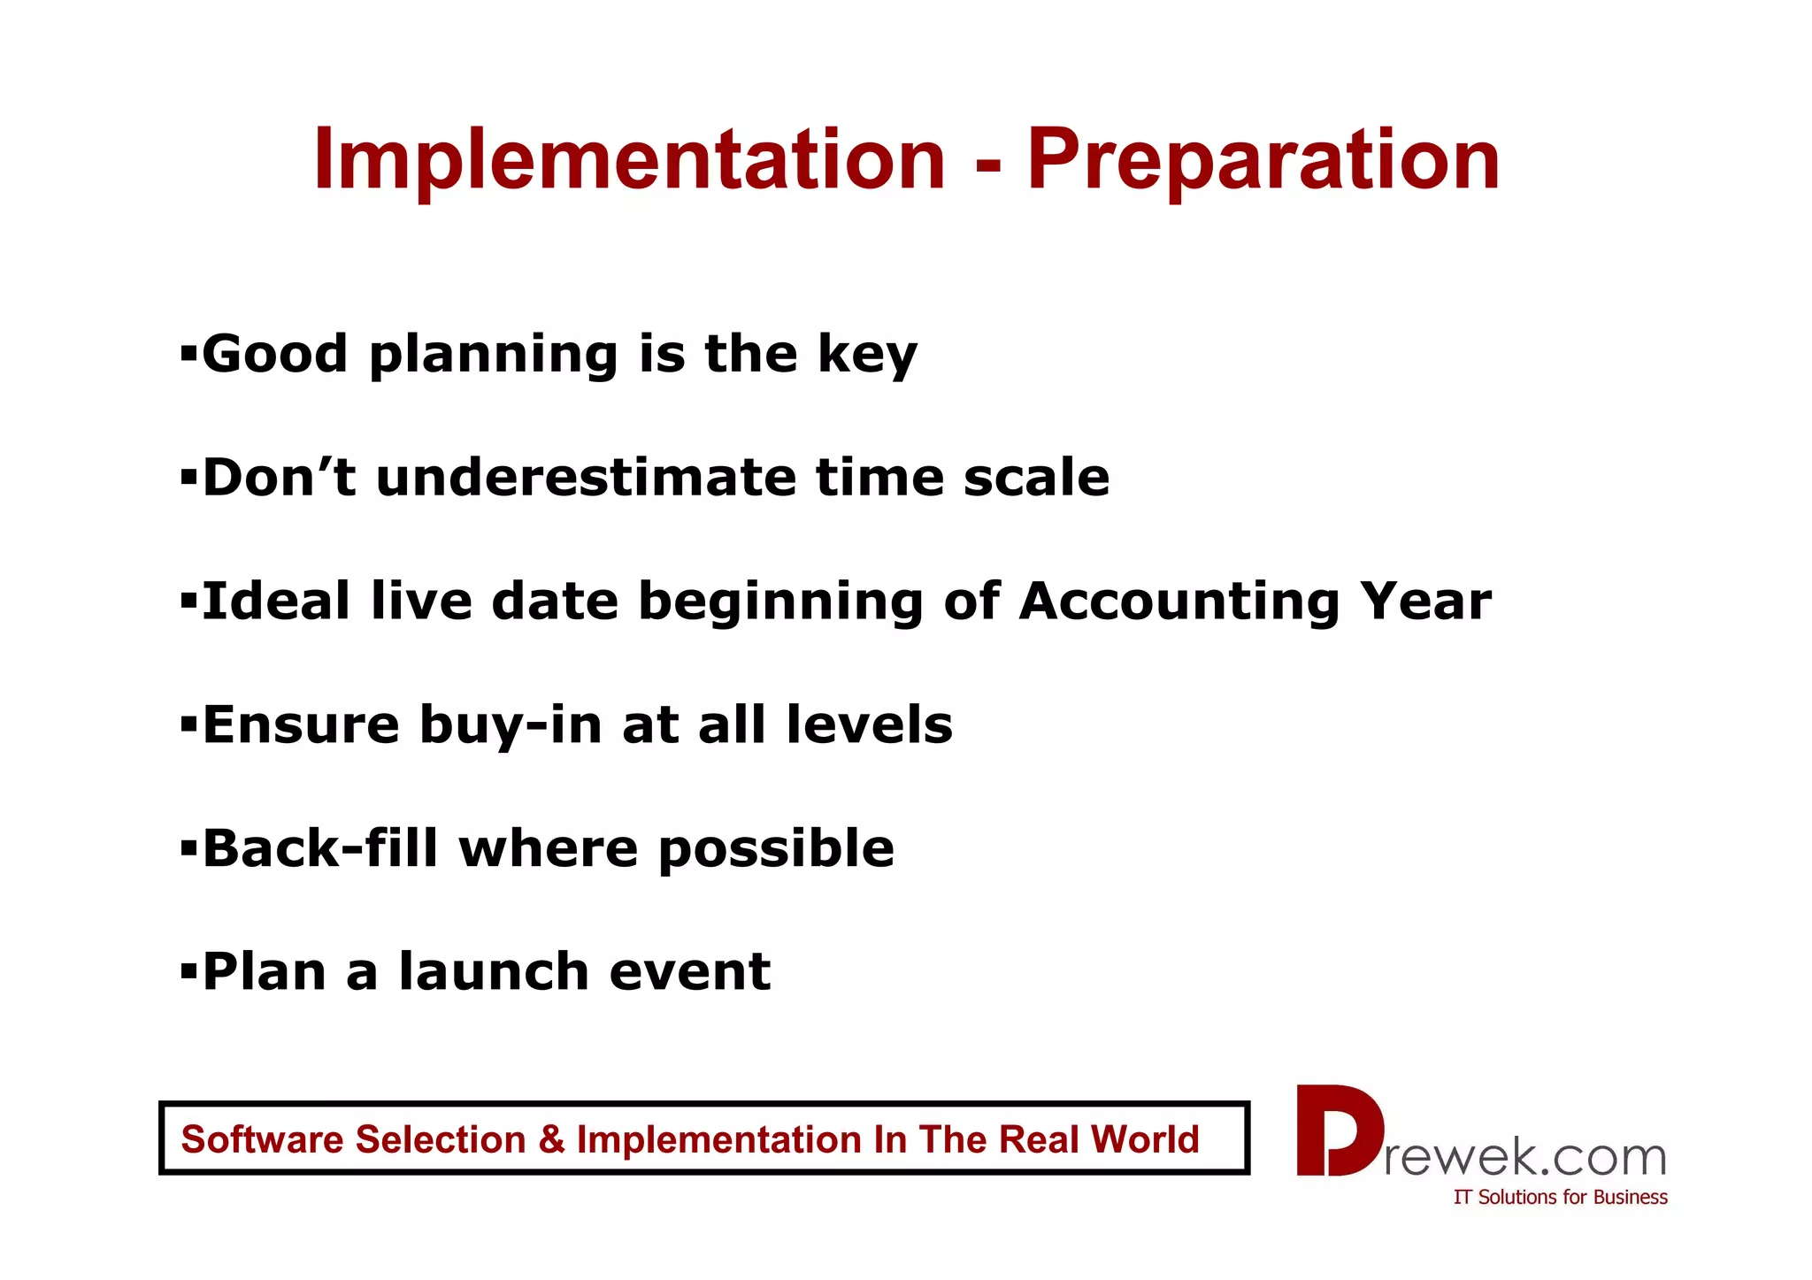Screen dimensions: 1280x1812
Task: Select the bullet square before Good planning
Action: [x=188, y=355]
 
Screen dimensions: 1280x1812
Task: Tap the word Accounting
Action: [x=1179, y=603]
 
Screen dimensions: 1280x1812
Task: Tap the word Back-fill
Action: [x=320, y=848]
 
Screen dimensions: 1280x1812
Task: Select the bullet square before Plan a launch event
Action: [x=188, y=973]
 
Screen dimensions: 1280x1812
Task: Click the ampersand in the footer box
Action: [x=550, y=1139]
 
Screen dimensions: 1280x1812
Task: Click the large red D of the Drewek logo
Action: [x=1339, y=1131]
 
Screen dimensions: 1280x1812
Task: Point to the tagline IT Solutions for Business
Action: [x=1560, y=1197]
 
